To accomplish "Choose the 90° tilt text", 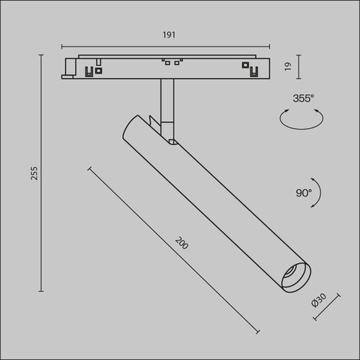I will click(303, 193).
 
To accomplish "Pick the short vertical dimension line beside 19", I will click(299, 67).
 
